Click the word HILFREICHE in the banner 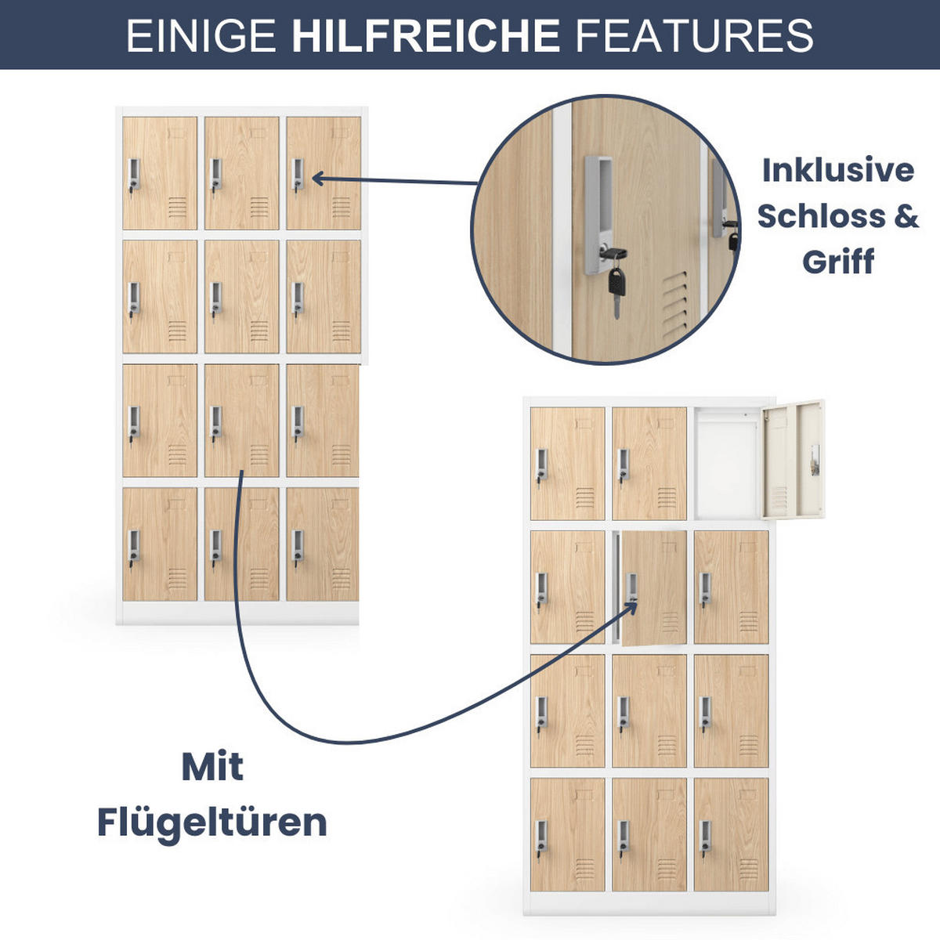425,35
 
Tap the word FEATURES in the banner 694,35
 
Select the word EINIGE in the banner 201,35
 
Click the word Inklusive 837,170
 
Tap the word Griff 837,262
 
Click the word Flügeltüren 211,822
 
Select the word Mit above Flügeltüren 212,767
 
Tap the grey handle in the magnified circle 599,211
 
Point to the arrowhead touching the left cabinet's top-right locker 318,179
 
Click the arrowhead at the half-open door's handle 633,602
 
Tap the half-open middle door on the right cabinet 654,587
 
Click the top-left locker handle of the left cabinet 134,175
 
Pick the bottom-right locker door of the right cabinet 731,834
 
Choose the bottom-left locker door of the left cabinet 160,544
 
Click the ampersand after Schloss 904,215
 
